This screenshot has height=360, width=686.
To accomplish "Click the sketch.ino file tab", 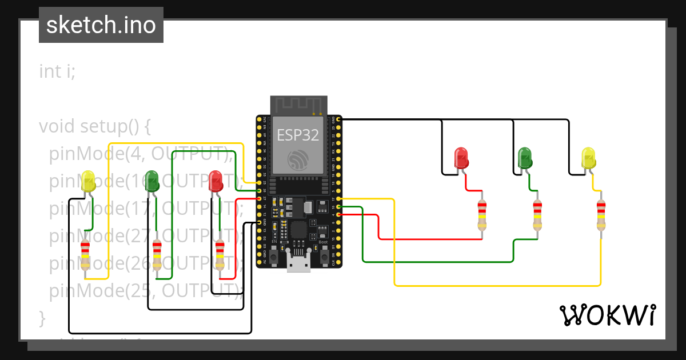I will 101,25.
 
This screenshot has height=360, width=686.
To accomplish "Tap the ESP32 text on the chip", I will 298,135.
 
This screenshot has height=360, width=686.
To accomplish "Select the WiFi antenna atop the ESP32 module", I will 298,106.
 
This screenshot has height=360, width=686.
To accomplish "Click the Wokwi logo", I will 607,315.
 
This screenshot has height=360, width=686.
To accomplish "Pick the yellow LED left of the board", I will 89,181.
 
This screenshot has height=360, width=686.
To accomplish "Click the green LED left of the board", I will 152,181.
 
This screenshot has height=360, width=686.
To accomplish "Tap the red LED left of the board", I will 216,181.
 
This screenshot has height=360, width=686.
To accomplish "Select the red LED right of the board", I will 461,158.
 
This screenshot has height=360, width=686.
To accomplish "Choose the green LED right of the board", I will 524,158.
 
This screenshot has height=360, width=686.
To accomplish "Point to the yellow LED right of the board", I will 588,158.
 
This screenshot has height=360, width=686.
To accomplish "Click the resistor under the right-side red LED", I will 482,215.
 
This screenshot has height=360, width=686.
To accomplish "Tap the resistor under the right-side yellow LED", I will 600,215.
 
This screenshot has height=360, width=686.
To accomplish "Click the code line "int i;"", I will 57,72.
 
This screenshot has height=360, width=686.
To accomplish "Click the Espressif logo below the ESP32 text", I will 298,159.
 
